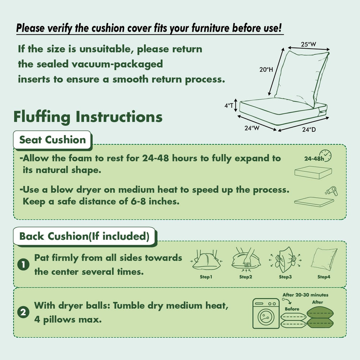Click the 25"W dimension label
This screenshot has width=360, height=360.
(x=309, y=44)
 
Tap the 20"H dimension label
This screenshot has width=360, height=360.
(x=266, y=69)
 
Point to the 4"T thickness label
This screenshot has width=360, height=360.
(x=229, y=105)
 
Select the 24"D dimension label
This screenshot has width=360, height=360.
(x=309, y=130)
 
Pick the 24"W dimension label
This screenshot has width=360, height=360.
(x=252, y=128)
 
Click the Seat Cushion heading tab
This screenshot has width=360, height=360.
(x=53, y=140)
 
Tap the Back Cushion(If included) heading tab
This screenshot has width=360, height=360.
(x=85, y=237)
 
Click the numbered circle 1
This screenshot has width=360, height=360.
(x=23, y=265)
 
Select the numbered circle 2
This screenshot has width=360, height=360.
(x=23, y=312)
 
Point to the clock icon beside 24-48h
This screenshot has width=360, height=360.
(x=326, y=156)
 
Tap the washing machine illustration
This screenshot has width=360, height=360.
(x=266, y=314)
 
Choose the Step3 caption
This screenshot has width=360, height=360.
(x=285, y=277)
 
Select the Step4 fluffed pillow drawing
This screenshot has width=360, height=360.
(x=324, y=259)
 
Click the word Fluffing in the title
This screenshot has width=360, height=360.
(x=42, y=117)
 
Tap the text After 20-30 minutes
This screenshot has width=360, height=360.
(x=305, y=295)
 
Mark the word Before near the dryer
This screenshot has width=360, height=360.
(x=292, y=309)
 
